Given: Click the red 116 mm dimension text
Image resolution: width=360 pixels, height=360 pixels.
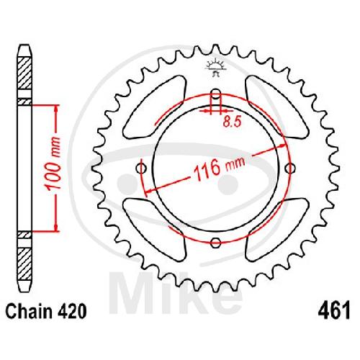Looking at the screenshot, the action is click(x=219, y=168).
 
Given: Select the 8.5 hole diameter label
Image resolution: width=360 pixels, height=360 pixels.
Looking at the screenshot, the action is click(x=231, y=122).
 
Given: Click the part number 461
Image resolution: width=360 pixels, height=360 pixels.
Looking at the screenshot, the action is click(x=334, y=311).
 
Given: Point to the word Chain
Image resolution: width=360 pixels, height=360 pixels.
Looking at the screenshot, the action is click(x=29, y=311).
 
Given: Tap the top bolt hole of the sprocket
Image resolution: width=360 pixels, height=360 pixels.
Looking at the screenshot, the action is click(x=216, y=94).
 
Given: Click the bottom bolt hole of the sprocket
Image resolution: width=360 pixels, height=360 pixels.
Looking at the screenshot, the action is click(x=215, y=243).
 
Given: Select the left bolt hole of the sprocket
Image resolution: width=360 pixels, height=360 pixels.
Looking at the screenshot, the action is click(x=141, y=168).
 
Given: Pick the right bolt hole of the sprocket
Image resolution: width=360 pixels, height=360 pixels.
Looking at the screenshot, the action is click(x=290, y=168).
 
